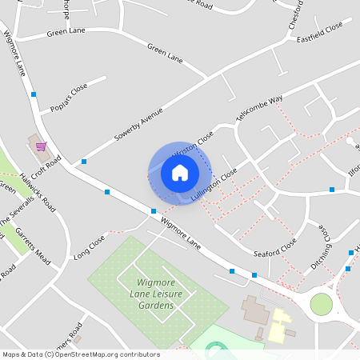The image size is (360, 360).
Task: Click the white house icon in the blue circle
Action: point(179,172)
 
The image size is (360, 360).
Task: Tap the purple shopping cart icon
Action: point(40,146)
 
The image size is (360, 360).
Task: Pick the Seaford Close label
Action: point(275,248)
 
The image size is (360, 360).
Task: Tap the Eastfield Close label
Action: point(319,32)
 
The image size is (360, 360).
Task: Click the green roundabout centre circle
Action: point(321,304)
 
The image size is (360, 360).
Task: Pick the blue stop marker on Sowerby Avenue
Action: point(84,161)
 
